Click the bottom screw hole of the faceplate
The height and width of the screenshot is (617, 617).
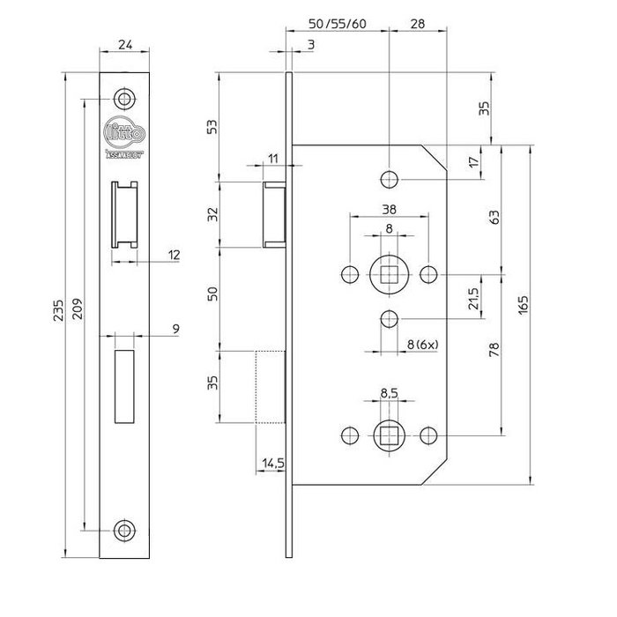pos(123,530)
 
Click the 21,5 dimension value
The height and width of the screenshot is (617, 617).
pos(476,300)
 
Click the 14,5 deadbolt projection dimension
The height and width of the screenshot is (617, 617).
pos(271,461)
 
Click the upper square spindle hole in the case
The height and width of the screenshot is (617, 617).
pos(389,273)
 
